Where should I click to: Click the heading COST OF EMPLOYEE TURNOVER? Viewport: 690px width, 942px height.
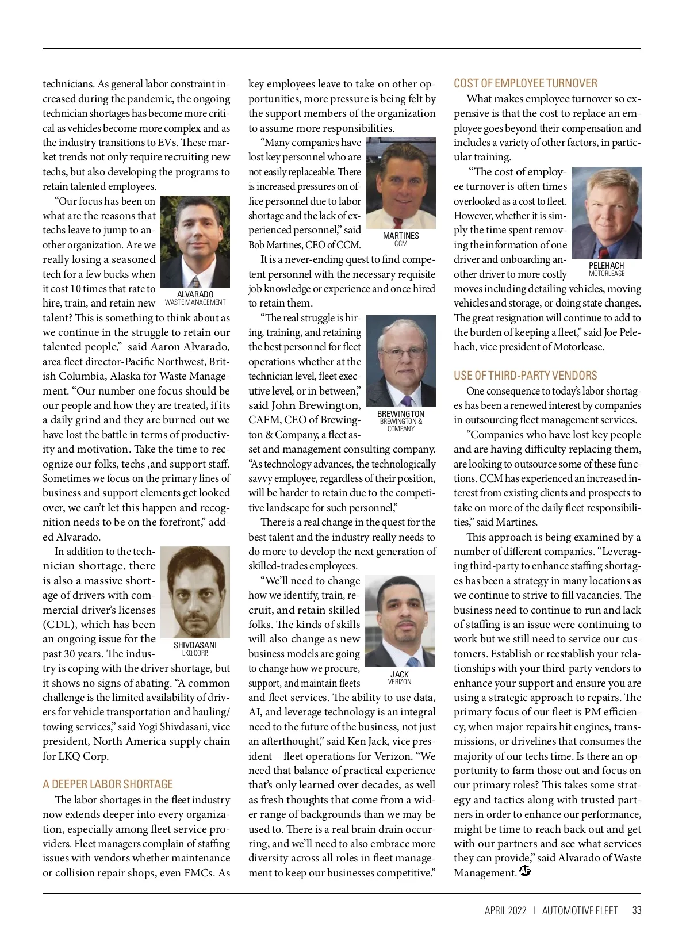[525, 83]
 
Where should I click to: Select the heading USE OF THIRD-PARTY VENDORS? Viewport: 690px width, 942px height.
[525, 376]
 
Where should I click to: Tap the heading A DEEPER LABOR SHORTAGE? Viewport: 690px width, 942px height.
[108, 784]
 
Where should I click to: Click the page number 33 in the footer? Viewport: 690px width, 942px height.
[637, 910]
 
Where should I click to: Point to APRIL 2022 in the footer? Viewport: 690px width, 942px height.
[505, 910]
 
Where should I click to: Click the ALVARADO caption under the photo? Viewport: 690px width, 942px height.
[195, 295]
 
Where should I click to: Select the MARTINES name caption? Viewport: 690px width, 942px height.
[401, 236]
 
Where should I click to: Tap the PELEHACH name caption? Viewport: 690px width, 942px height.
[606, 266]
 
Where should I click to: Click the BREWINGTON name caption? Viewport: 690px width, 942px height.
[401, 414]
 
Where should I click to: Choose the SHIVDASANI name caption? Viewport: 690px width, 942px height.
[195, 645]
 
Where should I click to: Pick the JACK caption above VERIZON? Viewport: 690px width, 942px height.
[400, 675]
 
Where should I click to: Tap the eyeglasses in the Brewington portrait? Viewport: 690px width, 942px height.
[400, 353]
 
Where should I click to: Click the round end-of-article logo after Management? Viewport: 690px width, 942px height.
[524, 871]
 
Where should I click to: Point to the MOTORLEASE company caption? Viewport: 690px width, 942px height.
[606, 274]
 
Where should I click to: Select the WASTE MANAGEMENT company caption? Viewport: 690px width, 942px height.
[195, 302]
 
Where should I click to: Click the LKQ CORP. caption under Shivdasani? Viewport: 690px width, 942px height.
[195, 653]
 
